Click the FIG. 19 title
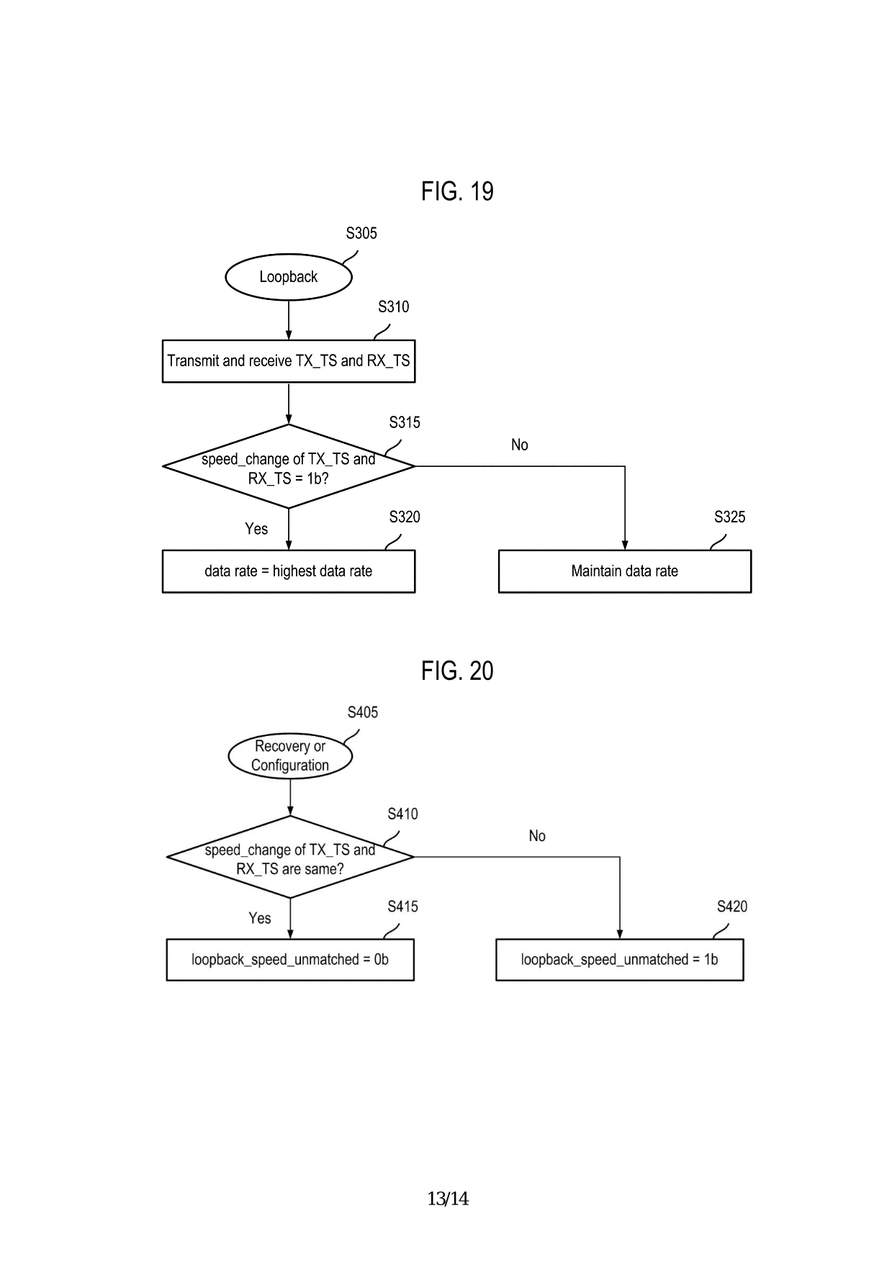click(x=457, y=191)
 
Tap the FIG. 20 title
click(x=457, y=671)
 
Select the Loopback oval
click(x=288, y=277)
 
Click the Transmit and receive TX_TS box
click(x=288, y=360)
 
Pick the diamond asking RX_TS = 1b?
click(x=288, y=467)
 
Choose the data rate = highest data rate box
click(x=288, y=571)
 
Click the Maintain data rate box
click(x=624, y=571)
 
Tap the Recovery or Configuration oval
click(x=289, y=756)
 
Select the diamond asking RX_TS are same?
click(x=289, y=858)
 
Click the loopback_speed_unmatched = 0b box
click(x=289, y=960)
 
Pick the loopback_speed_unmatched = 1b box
click(x=619, y=960)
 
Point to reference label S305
click(x=361, y=233)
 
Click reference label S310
click(x=393, y=307)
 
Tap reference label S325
click(x=729, y=517)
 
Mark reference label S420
click(x=731, y=907)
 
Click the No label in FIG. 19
click(x=519, y=445)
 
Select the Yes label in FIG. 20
click(x=259, y=918)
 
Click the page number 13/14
click(x=448, y=1199)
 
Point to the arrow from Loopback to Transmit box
click(x=289, y=319)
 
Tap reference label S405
click(x=362, y=712)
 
